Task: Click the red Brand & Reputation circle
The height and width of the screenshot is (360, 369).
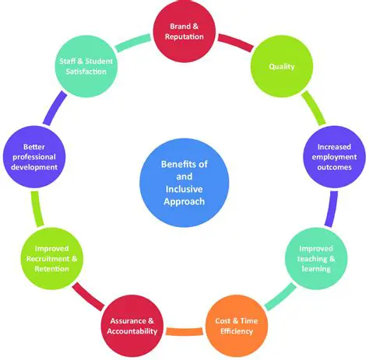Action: [x=185, y=32]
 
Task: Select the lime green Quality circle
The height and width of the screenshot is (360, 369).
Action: [x=281, y=66]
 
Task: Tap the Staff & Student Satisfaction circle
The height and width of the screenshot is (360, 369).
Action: [x=87, y=66]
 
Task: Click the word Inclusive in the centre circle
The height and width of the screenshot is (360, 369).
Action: [x=184, y=188]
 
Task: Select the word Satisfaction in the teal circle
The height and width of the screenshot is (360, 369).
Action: [x=87, y=72]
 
